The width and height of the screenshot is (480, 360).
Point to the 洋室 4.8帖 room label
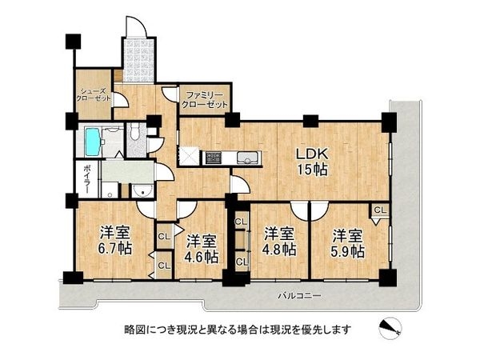[280, 242]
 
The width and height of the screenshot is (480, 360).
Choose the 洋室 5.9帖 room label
[349, 242]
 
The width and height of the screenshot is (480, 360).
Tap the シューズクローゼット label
[94, 94]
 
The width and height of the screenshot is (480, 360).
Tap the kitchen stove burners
[213, 158]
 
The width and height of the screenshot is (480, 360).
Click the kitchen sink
[247, 157]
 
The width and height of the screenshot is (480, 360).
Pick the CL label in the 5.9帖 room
[379, 210]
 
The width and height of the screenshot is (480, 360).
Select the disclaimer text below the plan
[238, 329]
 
